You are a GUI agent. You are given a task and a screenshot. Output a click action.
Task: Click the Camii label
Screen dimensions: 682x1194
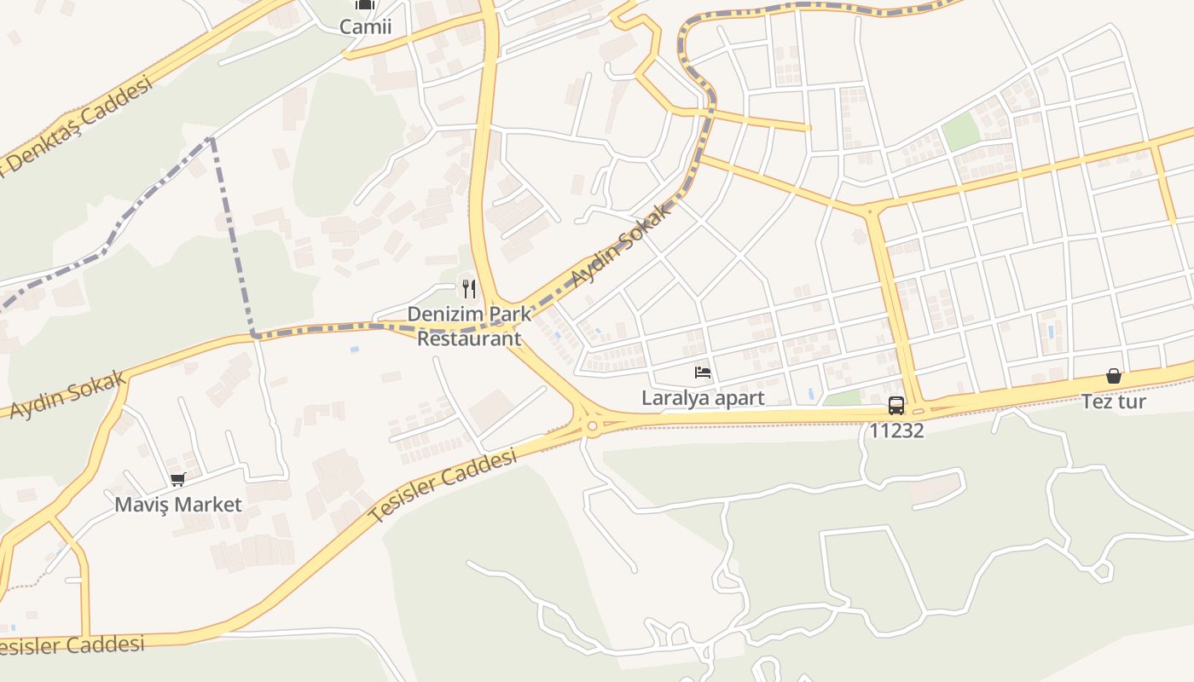[365, 26]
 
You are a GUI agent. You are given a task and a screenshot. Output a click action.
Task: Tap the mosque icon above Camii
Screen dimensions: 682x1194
[365, 4]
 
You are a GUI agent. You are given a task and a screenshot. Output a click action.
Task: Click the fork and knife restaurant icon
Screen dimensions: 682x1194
[468, 289]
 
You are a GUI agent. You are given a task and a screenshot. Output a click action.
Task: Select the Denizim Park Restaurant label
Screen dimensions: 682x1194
[468, 326]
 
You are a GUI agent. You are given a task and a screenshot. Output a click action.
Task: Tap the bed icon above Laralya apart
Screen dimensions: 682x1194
[703, 373]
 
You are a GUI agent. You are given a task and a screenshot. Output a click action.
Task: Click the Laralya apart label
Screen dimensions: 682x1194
[703, 398]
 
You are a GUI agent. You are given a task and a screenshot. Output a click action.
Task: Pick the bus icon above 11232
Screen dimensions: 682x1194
[895, 406]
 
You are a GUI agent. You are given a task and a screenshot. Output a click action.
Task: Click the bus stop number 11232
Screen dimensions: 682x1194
[896, 431]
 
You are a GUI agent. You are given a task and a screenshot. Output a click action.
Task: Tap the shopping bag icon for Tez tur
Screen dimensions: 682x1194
[1113, 376]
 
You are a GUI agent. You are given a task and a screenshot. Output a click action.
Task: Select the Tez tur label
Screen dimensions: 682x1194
[1114, 402]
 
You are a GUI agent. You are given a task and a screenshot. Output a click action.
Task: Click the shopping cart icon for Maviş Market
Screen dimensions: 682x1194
[177, 479]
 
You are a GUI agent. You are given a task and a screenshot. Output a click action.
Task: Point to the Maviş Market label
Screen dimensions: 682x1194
[178, 505]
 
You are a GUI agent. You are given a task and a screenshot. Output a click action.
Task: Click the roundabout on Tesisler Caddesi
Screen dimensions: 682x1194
[592, 425]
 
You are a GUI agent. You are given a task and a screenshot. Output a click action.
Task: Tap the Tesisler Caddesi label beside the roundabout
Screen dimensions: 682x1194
[444, 487]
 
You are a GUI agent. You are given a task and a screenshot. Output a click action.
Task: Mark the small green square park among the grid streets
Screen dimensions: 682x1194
[961, 132]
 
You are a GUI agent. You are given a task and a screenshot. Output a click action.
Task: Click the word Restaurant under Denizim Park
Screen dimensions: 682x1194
[468, 338]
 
